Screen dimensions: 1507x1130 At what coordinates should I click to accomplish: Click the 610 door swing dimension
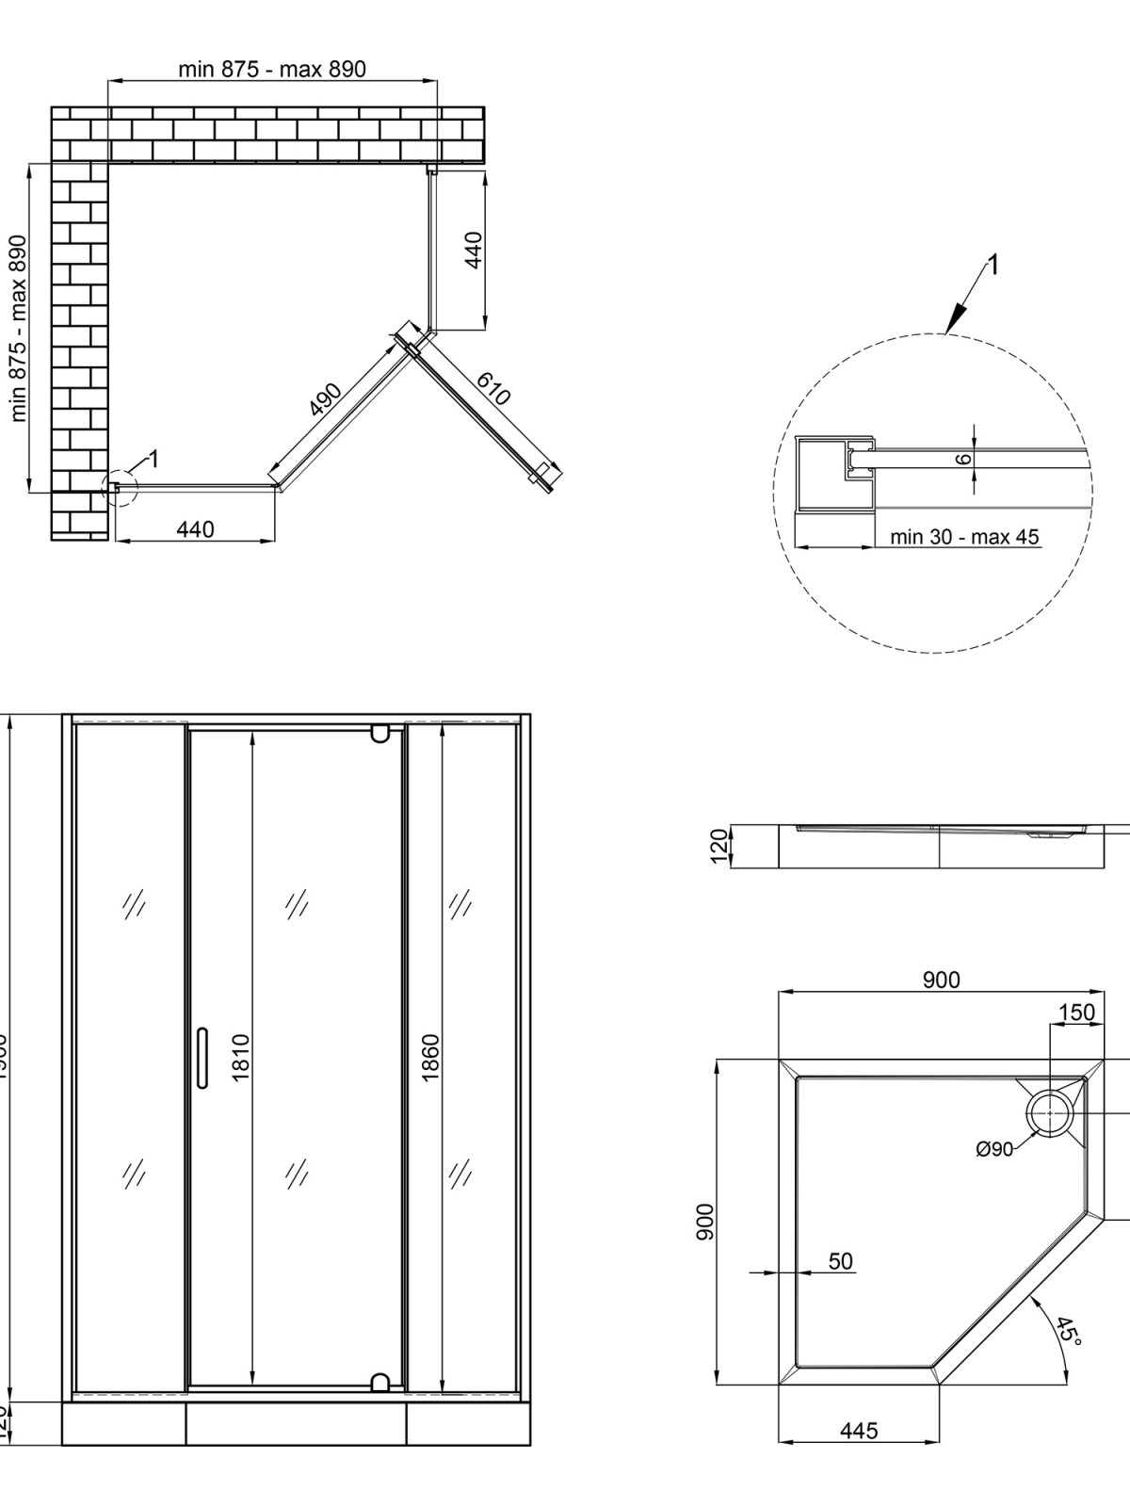[x=493, y=387]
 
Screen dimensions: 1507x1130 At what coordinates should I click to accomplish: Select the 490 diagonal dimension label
[x=326, y=400]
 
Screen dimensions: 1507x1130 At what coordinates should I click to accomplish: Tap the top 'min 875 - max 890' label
[x=272, y=69]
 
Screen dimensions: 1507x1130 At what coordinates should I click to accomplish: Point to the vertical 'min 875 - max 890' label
[x=18, y=328]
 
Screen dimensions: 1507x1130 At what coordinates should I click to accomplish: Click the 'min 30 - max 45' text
[x=964, y=537]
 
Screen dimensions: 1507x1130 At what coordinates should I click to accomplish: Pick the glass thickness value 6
[x=961, y=460]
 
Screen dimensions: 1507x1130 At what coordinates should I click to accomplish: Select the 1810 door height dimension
[x=240, y=1057]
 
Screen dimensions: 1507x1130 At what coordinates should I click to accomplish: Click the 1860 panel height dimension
[x=431, y=1058]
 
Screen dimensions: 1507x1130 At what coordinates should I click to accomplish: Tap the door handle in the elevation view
[x=202, y=1058]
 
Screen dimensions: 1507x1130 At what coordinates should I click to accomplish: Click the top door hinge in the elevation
[x=379, y=732]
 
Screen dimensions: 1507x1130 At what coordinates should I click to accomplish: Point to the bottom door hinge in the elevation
[x=379, y=1382]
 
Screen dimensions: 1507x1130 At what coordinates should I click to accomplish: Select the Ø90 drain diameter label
[x=994, y=1149]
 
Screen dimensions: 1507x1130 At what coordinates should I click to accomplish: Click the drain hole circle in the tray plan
[x=1048, y=1114]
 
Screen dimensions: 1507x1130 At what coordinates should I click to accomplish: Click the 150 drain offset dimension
[x=1076, y=1013]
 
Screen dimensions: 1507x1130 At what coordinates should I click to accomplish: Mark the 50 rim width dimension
[x=840, y=1261]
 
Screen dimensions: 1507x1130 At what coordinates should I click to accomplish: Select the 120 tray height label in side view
[x=719, y=845]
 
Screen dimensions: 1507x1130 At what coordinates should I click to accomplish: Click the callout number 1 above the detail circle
[x=993, y=265]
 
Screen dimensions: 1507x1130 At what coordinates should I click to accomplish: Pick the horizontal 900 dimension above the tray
[x=941, y=980]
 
